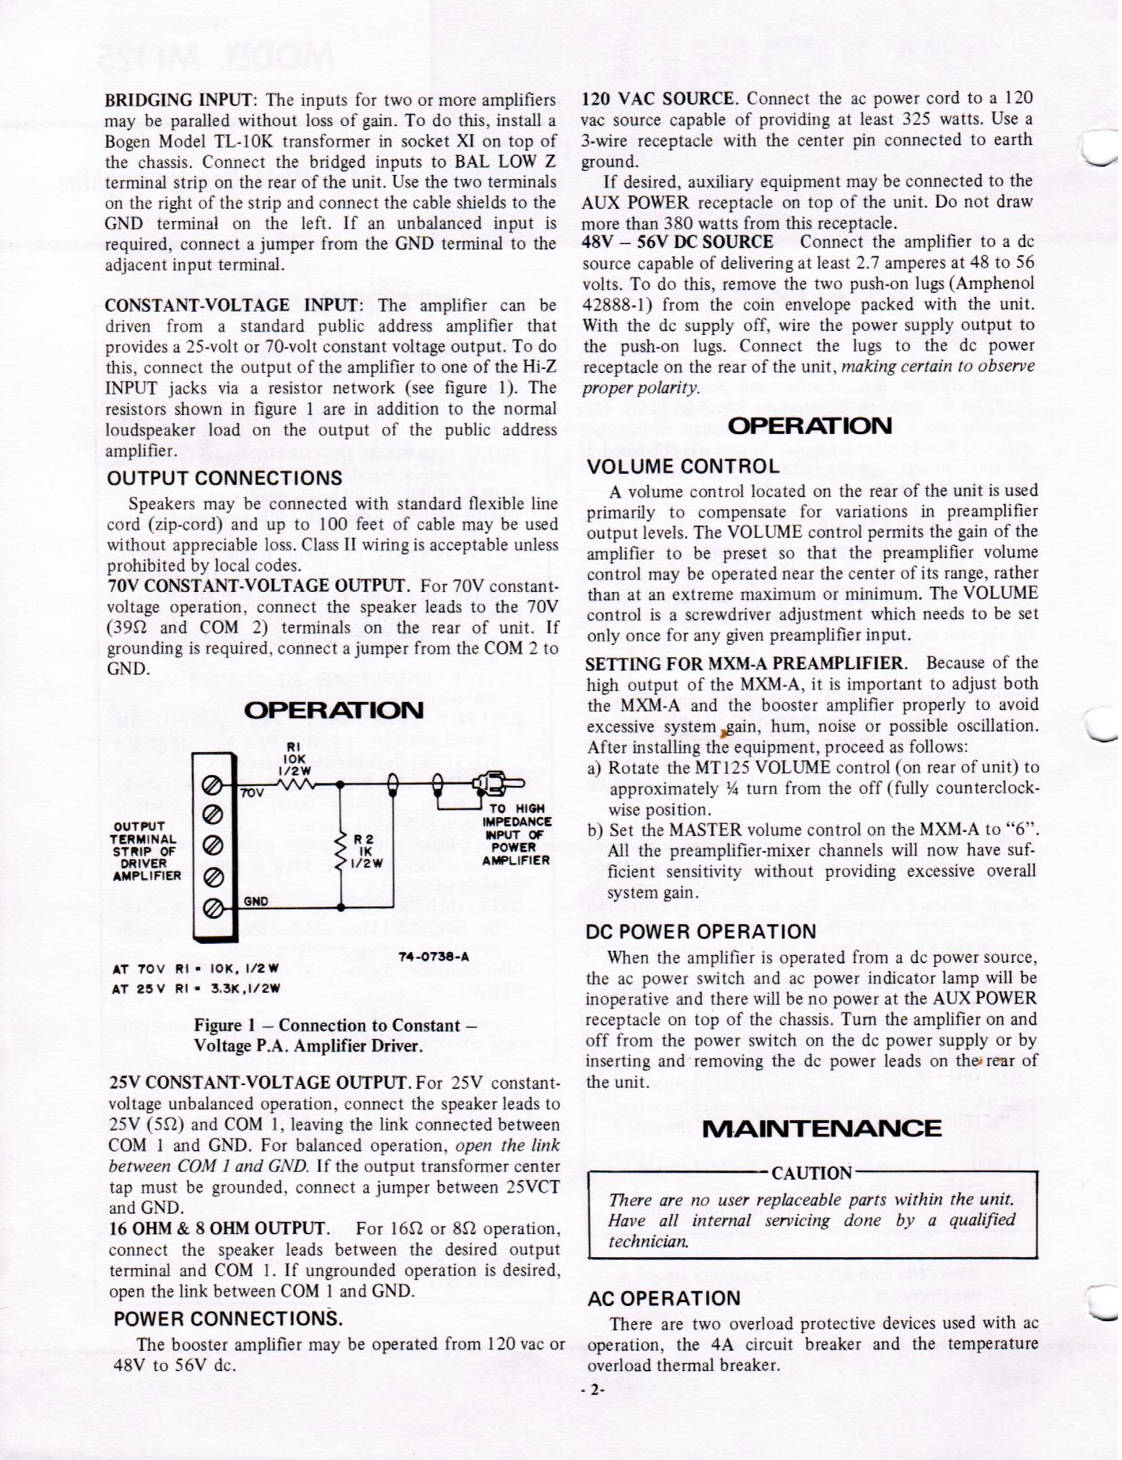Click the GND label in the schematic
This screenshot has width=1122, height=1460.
click(256, 902)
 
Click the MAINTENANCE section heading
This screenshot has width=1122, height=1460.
click(822, 1128)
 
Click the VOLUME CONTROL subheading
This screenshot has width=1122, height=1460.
click(683, 467)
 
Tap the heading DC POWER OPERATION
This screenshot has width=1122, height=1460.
click(701, 932)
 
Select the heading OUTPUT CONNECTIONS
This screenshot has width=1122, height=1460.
click(225, 478)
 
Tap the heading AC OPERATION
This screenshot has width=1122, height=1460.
click(664, 1299)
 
